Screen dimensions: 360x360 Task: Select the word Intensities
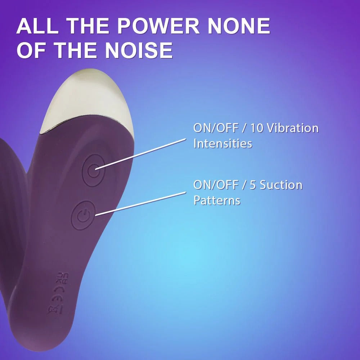point(222,143)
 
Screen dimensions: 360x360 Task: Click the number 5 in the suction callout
point(254,185)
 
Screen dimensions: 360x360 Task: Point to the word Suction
point(281,185)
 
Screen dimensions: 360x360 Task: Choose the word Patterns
point(217,200)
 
